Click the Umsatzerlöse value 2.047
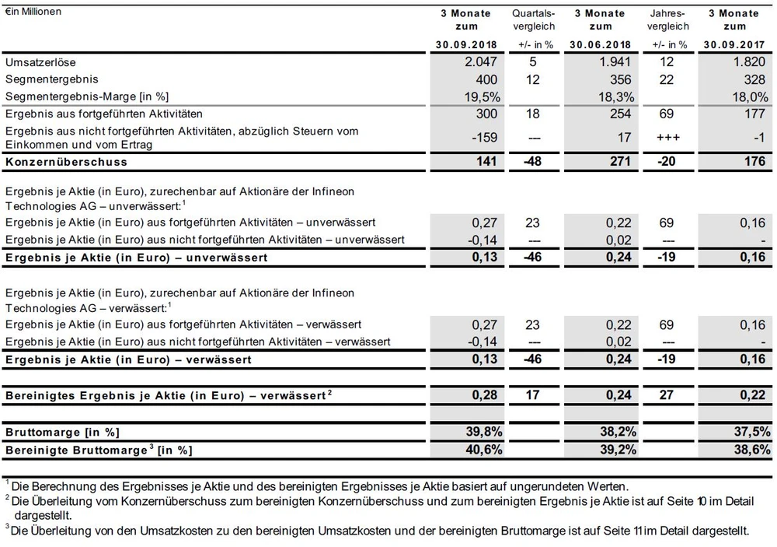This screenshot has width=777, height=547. (x=475, y=62)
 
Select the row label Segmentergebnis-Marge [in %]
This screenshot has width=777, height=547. (x=87, y=96)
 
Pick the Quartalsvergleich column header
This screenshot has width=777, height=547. (x=534, y=19)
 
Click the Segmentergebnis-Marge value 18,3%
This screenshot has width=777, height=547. (x=617, y=96)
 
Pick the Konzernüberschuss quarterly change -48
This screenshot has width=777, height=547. (x=533, y=162)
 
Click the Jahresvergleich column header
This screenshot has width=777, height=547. (x=667, y=19)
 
